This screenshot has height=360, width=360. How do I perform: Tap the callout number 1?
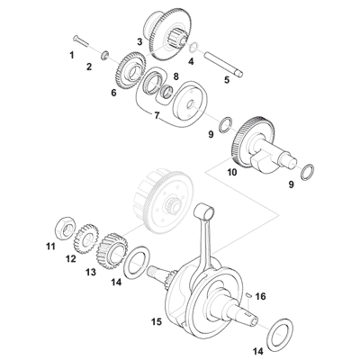72,56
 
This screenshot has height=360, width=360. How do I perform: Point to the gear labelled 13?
112,247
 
